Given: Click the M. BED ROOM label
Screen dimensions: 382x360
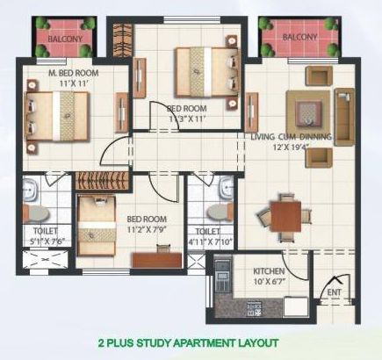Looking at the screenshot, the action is [74, 73].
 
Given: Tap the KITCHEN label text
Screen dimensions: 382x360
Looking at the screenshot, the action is [269, 271].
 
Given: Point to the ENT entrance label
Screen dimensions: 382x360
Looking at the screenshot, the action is [334, 292].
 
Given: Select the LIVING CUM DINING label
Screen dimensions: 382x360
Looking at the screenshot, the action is [292, 137].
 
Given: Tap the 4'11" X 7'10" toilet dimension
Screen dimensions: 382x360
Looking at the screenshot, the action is [210, 241].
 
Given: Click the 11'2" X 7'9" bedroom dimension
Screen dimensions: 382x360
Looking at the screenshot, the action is [147, 229].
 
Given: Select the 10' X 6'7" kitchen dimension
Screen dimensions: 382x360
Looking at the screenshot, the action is [269, 282].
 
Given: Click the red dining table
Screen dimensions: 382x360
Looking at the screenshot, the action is [285, 217].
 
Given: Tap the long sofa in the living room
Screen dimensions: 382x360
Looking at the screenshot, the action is [344, 117].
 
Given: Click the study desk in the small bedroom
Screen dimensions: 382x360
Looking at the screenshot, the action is [157, 260].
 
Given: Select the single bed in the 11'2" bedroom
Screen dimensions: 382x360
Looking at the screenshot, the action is [97, 226].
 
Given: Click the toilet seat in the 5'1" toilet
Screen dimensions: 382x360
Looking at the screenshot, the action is [36, 213].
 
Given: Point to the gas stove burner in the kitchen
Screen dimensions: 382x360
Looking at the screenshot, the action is [254, 309].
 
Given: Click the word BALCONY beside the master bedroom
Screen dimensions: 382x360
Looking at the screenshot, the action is [65, 39].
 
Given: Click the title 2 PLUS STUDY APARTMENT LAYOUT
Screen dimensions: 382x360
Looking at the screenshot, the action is [189, 342].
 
